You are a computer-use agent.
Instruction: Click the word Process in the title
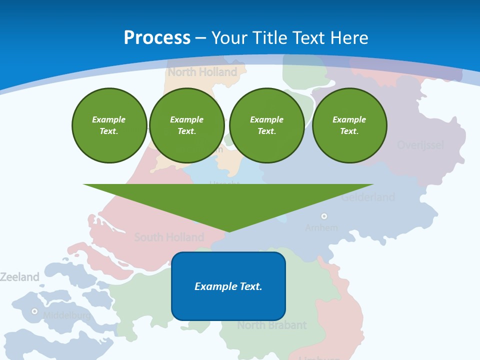[157, 37]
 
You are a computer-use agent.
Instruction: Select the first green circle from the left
[109, 125]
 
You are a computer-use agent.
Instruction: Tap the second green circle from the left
[187, 125]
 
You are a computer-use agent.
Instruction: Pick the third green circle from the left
[267, 125]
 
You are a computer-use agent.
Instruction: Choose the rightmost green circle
[349, 125]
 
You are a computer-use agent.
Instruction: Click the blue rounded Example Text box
[228, 286]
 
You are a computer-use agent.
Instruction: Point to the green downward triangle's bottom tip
[228, 231]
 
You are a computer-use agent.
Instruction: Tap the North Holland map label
[202, 72]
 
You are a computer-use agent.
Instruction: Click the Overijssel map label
[420, 145]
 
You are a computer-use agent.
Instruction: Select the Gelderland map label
[368, 197]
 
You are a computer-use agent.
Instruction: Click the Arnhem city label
[321, 227]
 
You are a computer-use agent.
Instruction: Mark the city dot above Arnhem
[324, 216]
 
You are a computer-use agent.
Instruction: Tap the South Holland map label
[169, 237]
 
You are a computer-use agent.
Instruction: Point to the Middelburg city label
[66, 315]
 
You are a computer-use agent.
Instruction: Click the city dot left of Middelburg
[34, 311]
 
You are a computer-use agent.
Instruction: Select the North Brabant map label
[271, 325]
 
